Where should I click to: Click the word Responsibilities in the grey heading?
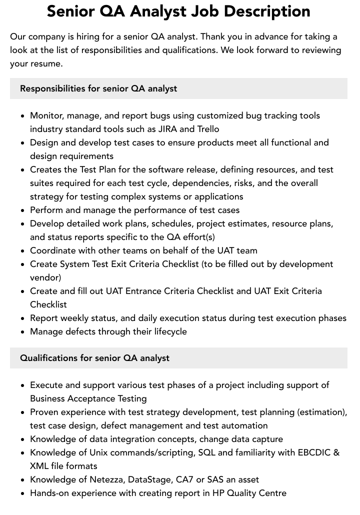point(52,88)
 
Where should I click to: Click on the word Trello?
point(208,129)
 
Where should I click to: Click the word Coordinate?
point(52,250)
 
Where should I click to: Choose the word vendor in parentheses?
point(44,277)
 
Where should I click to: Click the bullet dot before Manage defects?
point(23,332)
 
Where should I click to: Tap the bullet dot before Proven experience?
point(23,412)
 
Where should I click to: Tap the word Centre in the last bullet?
point(270,493)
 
